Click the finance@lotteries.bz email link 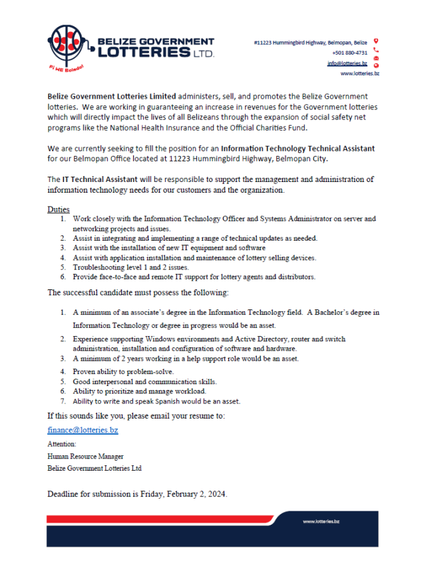(83, 430)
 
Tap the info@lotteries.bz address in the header (347, 63)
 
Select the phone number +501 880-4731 (350, 53)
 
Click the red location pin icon (376, 41)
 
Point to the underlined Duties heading (59, 209)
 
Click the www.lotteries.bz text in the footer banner (321, 521)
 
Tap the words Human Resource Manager (85, 457)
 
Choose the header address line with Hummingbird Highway (310, 43)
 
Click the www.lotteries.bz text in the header (359, 73)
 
